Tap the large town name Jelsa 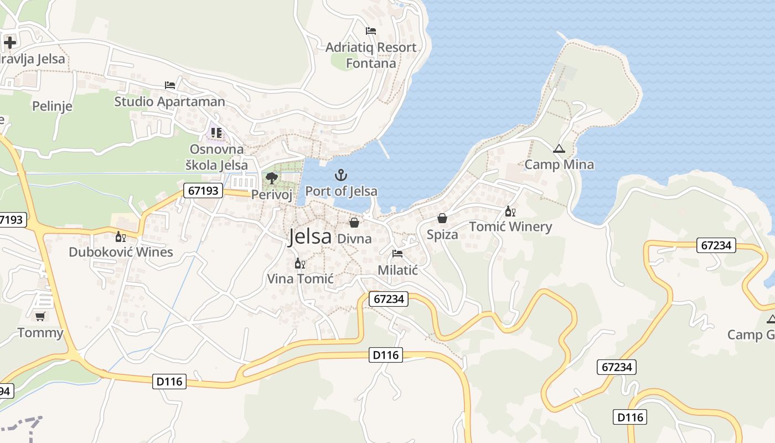[x=310, y=236]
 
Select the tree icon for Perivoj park [x=271, y=178]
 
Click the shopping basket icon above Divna [x=354, y=223]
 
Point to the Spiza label [x=442, y=234]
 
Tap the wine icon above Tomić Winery [x=510, y=212]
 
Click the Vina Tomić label [x=300, y=279]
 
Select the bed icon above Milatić [x=397, y=254]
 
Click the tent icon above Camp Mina [x=559, y=148]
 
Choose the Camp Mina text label [x=559, y=164]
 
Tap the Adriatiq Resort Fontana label [x=371, y=55]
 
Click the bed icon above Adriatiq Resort [x=371, y=31]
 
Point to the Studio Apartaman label [x=169, y=101]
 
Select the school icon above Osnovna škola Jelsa [x=216, y=133]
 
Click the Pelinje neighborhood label [x=52, y=106]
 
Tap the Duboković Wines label [x=121, y=252]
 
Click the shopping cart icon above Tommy [x=40, y=317]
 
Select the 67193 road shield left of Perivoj [x=203, y=191]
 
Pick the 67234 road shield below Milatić [x=389, y=299]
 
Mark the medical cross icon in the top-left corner [x=10, y=42]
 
